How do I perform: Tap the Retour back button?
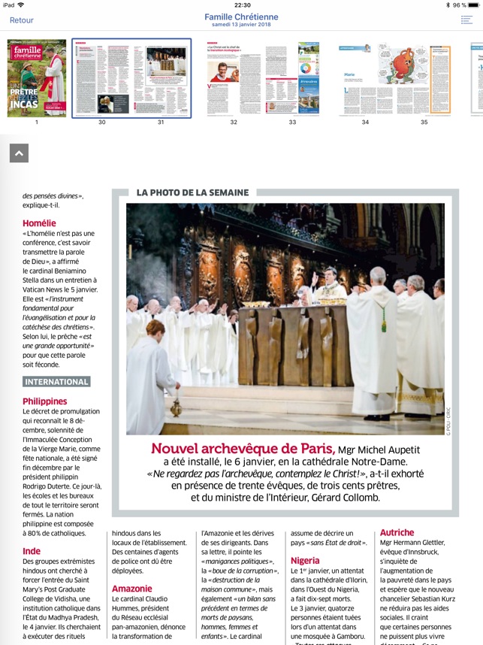point(22,20)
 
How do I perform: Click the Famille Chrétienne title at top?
point(241,17)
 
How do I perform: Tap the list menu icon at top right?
point(466,20)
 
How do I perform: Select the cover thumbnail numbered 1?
point(36,78)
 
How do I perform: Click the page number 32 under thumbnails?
point(234,122)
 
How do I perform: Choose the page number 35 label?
point(424,122)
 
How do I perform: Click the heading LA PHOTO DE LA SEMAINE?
point(192,192)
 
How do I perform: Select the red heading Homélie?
point(39,223)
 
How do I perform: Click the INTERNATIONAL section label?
point(56,382)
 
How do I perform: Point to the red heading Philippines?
point(45,401)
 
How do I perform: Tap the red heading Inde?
point(32,551)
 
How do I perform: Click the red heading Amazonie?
point(132,589)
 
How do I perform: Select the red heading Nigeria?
point(305,561)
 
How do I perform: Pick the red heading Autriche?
point(397,532)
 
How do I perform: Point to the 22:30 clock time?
point(242,5)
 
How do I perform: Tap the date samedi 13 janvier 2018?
point(241,25)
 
